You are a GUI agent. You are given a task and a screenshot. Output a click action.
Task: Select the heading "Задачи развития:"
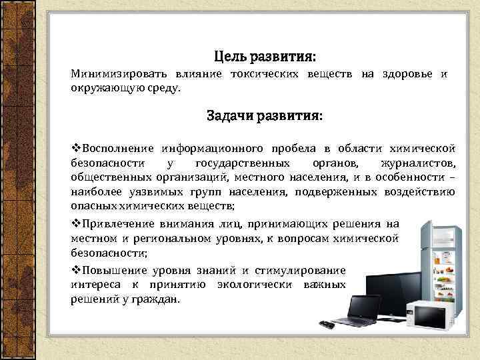click(265, 116)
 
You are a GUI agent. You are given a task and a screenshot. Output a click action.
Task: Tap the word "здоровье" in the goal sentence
click(406, 74)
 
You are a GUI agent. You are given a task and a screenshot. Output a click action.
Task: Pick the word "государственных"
click(243, 163)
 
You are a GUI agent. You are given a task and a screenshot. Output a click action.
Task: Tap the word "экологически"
click(255, 285)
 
